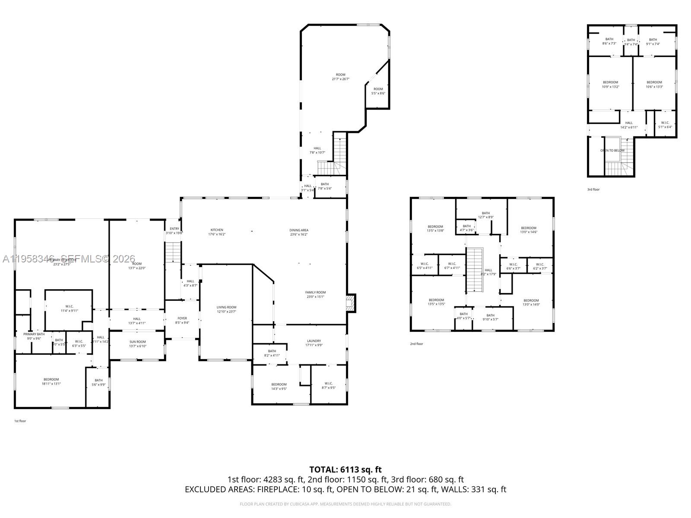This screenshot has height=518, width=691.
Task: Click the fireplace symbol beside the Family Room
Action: (x=351, y=303)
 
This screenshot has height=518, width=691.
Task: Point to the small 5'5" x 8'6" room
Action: (x=378, y=91)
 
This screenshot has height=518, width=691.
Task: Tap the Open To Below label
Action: (x=612, y=151)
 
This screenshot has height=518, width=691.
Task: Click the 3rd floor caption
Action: (x=593, y=190)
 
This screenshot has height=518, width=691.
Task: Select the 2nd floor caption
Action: (x=416, y=344)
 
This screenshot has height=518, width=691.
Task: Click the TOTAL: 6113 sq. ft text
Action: (x=345, y=469)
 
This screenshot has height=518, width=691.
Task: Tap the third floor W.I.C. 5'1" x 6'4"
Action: (x=665, y=124)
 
